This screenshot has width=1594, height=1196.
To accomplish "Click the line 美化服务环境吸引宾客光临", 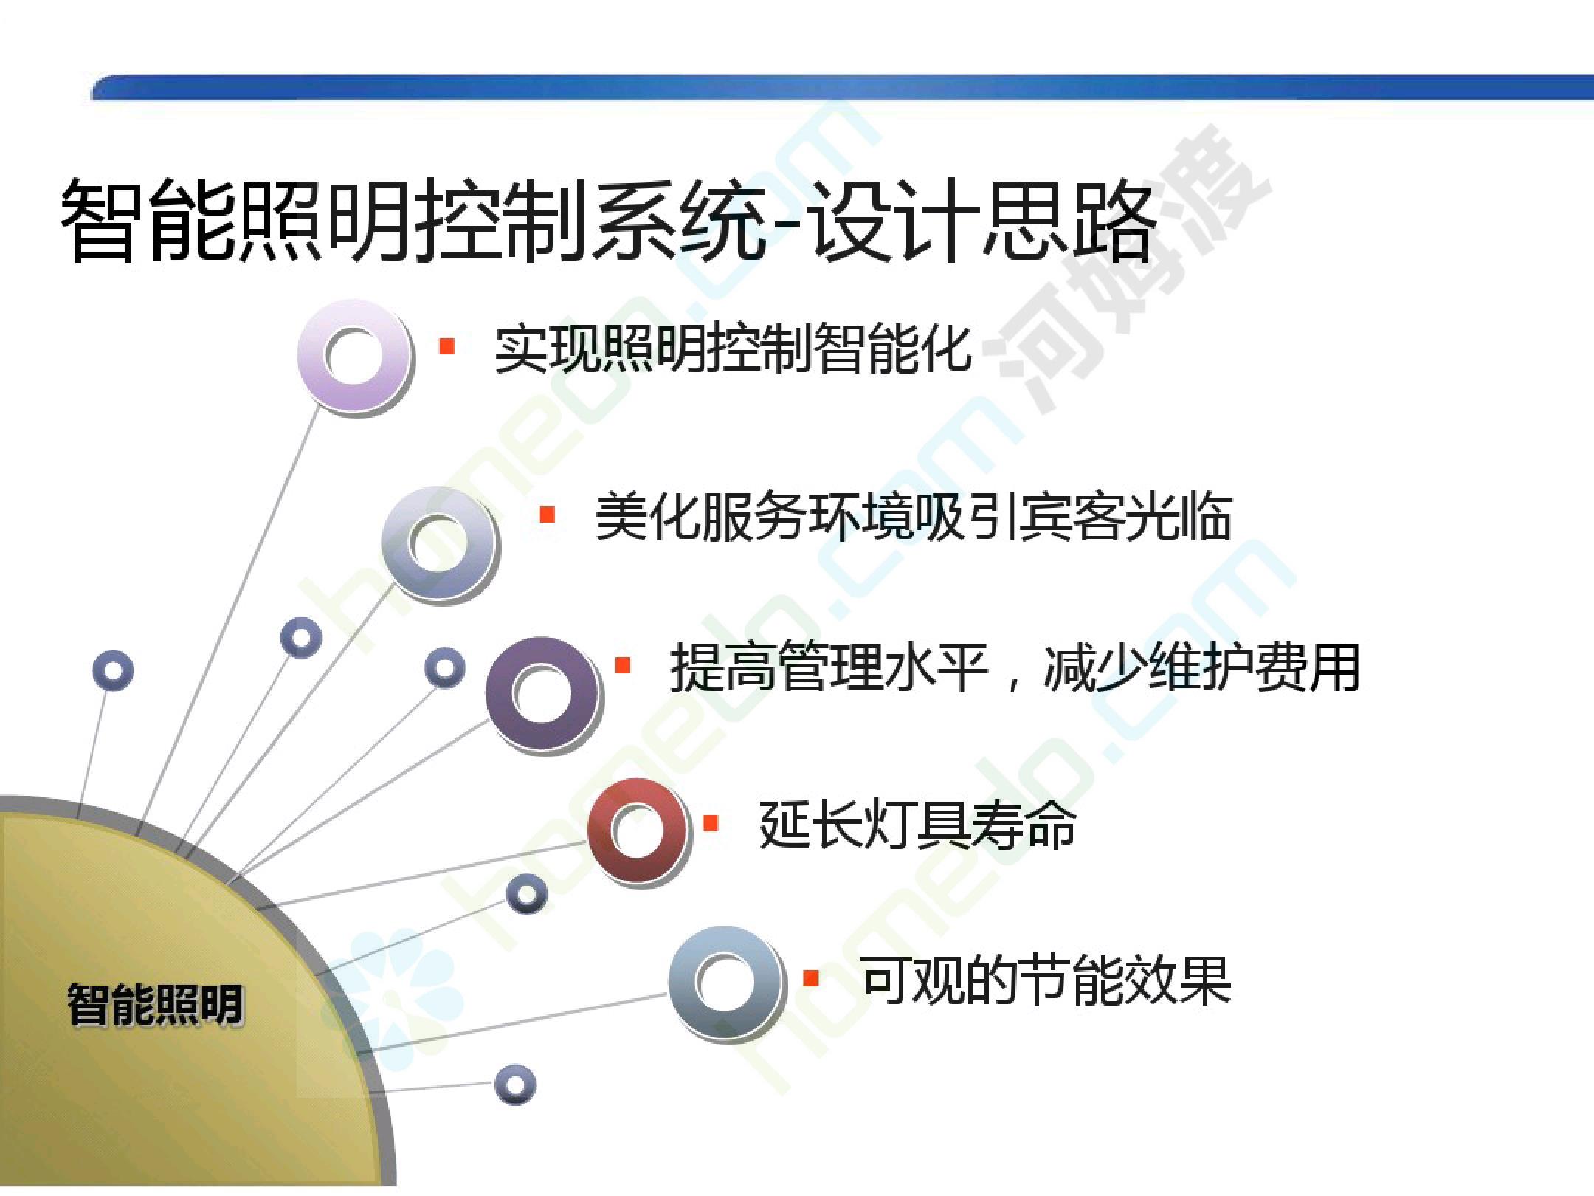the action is [913, 518].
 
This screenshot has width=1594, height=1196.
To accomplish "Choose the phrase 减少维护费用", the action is [1201, 667].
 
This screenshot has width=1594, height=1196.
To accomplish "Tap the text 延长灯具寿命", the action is [917, 825].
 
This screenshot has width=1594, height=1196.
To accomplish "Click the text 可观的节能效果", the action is [1046, 980].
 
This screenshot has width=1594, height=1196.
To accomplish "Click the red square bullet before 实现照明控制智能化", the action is [446, 346].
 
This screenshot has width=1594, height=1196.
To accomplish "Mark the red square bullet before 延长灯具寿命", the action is [711, 822].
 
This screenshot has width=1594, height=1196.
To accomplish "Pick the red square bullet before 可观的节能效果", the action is [811, 977].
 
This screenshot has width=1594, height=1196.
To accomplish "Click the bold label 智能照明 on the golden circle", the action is [155, 1005].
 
